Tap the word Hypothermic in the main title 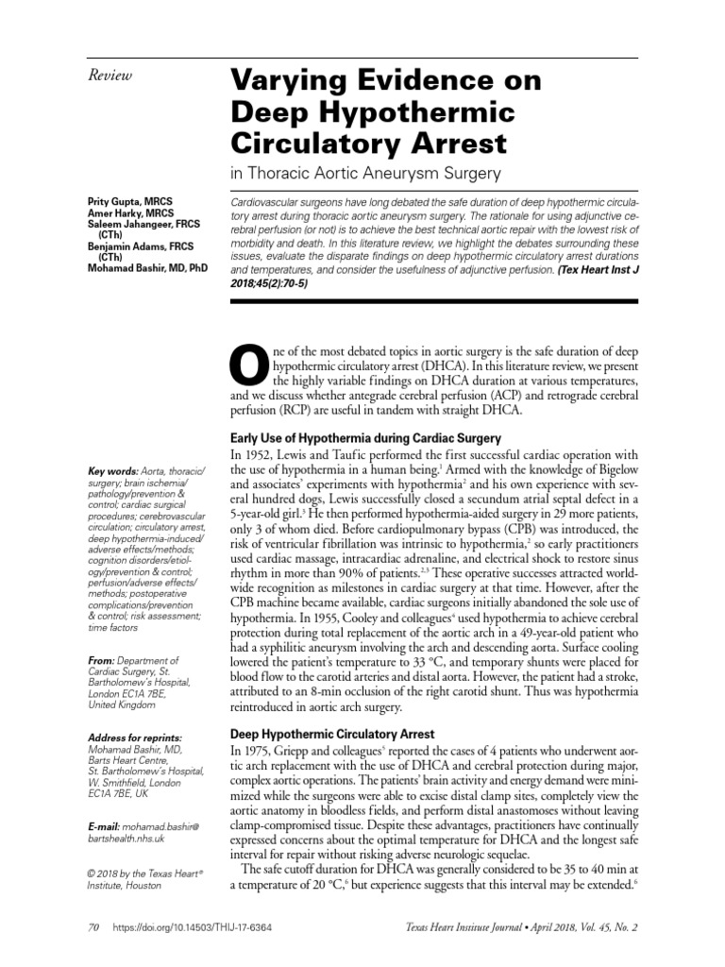tap(411, 113)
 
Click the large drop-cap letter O tap(248, 365)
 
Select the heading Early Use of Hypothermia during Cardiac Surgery tap(365, 438)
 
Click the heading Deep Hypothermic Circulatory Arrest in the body tap(332, 733)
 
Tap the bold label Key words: tap(111, 471)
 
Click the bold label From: tap(100, 661)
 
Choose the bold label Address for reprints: tap(133, 737)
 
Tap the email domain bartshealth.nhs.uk tap(129, 837)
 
